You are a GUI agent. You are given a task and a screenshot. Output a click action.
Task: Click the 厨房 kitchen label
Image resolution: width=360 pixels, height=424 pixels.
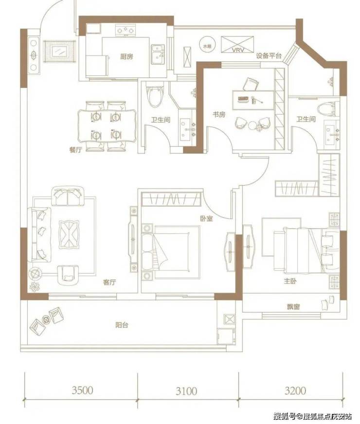[126, 57]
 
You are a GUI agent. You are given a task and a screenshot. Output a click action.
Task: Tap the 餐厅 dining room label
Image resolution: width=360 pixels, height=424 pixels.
[75, 150]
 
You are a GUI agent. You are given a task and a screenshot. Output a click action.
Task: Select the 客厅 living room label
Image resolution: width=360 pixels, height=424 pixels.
[109, 283]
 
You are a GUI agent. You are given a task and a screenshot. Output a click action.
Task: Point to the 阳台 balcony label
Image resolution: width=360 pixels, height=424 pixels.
[122, 325]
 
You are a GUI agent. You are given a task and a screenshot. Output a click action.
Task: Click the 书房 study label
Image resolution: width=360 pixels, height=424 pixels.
[219, 115]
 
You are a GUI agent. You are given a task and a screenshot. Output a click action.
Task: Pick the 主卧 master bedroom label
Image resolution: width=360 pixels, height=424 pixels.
[290, 281]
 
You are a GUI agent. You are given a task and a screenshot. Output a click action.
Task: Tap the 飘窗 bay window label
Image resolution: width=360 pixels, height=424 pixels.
[293, 307]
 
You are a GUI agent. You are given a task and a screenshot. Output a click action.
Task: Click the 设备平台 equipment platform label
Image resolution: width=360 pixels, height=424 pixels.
[269, 56]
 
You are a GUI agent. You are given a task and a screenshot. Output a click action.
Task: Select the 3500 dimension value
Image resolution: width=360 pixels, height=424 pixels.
[83, 390]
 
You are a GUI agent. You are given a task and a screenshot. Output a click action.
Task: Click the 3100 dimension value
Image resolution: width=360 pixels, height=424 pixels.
[186, 391]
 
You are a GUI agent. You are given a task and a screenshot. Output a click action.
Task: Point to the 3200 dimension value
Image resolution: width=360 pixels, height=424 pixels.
[295, 391]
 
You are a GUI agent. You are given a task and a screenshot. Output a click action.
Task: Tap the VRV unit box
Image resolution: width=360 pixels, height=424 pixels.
[238, 44]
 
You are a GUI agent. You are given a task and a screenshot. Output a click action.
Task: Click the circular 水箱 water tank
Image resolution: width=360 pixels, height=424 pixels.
[207, 46]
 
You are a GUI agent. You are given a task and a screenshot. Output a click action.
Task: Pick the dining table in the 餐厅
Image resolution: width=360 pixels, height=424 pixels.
[107, 126]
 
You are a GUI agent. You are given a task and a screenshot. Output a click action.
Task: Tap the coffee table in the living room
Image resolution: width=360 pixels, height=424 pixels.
[69, 234]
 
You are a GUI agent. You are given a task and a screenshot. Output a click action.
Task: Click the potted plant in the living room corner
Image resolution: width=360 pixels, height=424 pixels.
[35, 286]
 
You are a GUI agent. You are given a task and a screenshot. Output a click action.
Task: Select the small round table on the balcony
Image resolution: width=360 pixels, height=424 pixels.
[47, 319]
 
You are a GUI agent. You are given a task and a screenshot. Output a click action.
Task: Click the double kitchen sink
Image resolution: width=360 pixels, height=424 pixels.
[158, 54]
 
